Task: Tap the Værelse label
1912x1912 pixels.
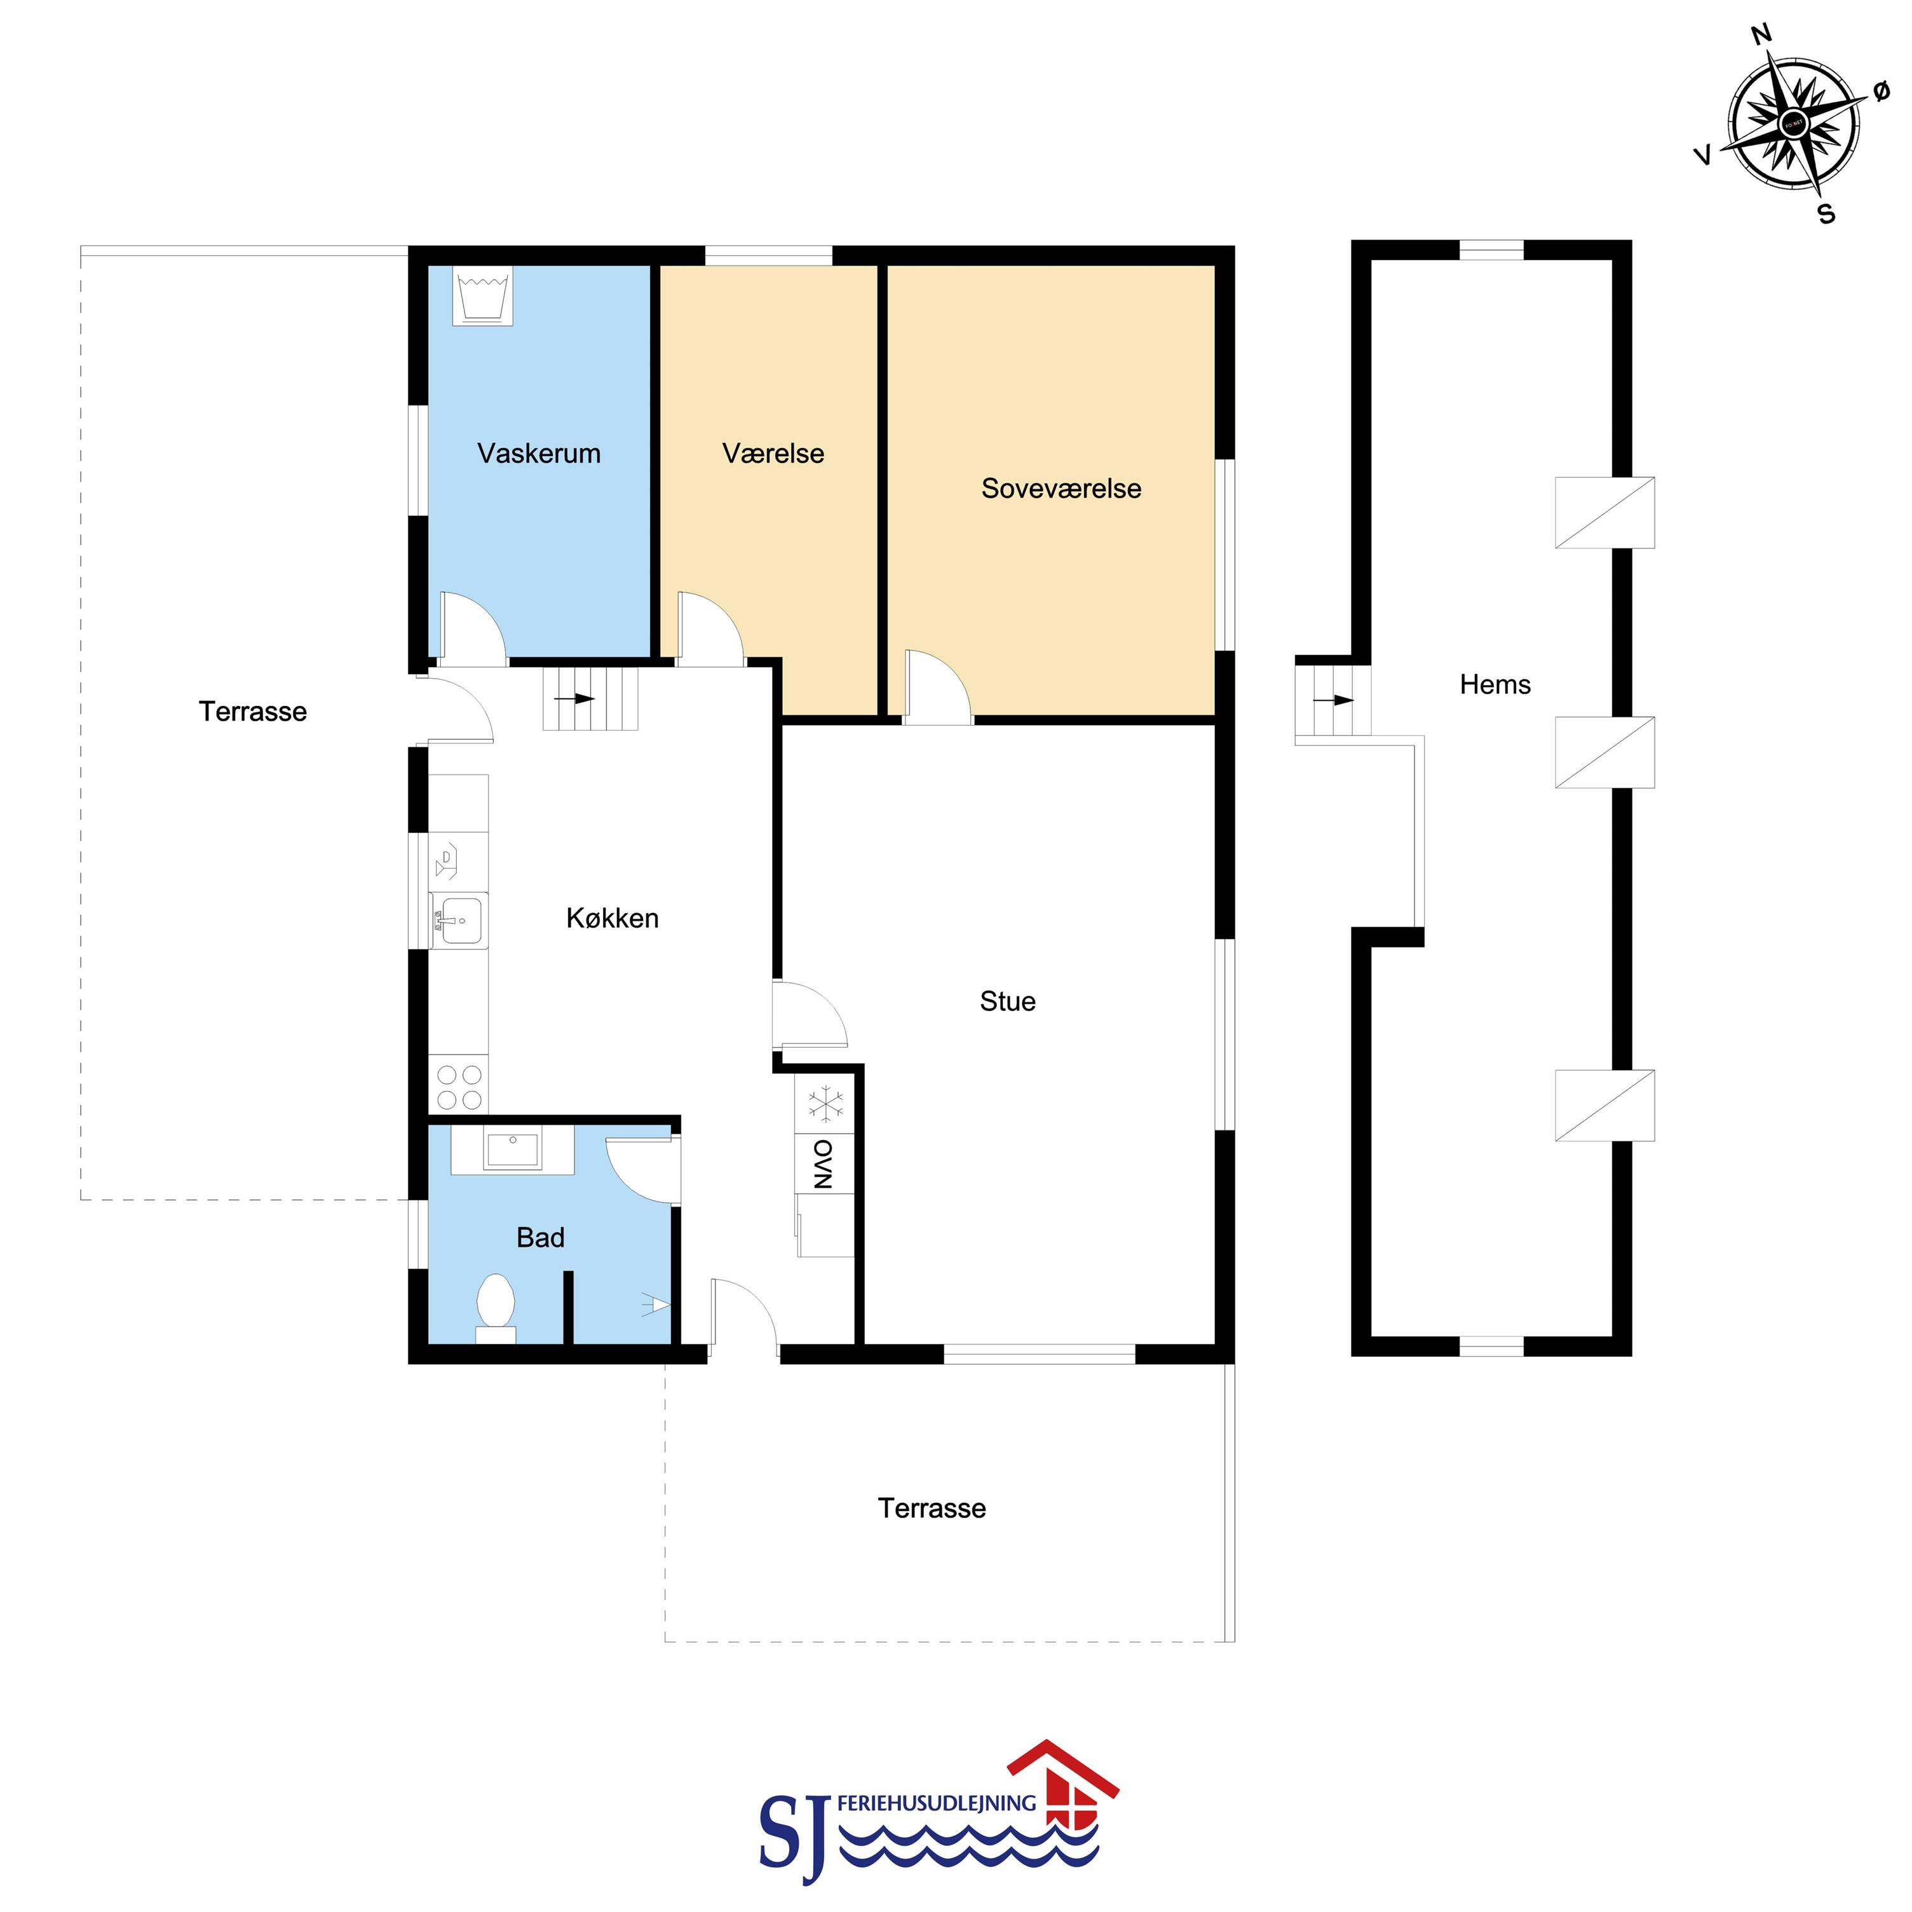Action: click(773, 453)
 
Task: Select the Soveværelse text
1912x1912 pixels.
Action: click(1061, 488)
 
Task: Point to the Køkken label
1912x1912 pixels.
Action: click(612, 918)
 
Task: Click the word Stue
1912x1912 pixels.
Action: click(1007, 1001)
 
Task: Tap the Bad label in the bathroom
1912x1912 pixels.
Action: click(540, 1237)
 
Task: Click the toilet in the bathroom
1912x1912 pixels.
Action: click(496, 1307)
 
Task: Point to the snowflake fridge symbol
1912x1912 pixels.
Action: click(824, 1104)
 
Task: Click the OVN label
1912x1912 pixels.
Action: click(824, 1164)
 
